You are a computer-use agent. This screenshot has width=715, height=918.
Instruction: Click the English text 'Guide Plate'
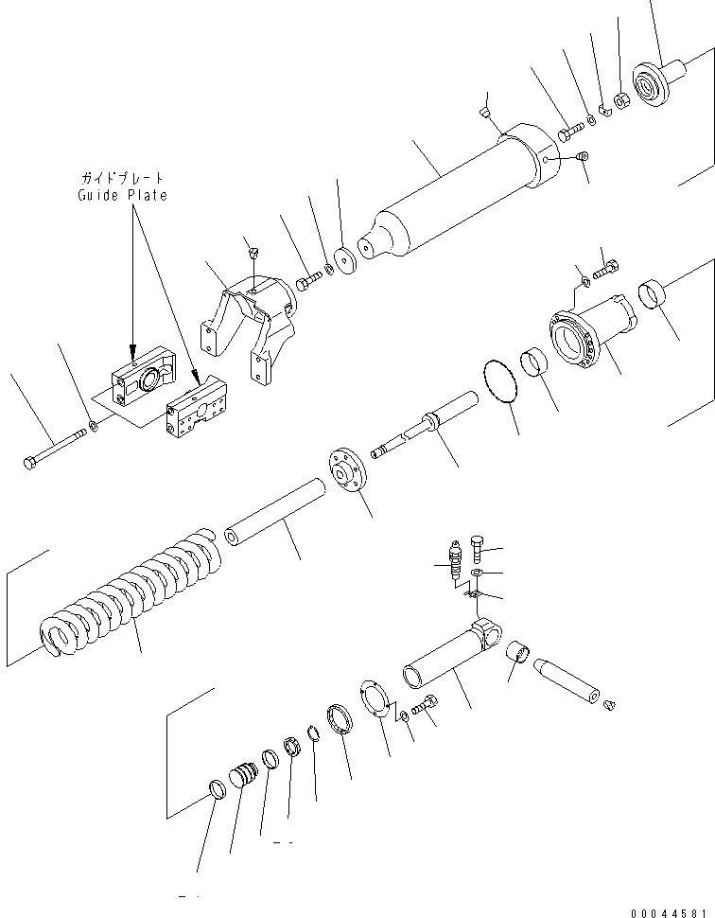(122, 195)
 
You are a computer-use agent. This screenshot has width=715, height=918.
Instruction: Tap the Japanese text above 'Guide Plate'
(122, 178)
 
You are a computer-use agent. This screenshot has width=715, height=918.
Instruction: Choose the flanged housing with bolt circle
(591, 336)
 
